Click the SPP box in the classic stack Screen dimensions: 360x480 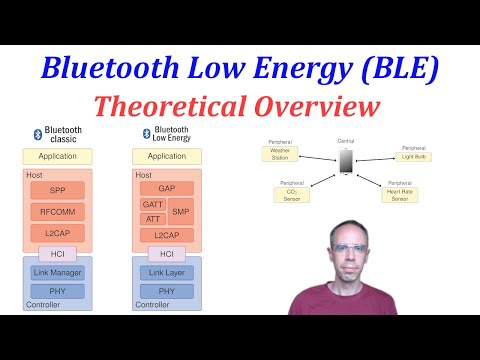click(x=57, y=189)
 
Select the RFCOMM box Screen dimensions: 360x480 click(x=57, y=212)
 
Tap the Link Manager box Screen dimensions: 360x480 click(x=57, y=272)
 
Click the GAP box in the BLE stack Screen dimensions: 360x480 click(x=167, y=188)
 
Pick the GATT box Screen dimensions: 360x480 click(x=152, y=204)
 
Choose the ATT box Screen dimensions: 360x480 click(x=152, y=218)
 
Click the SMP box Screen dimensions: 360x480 click(x=181, y=211)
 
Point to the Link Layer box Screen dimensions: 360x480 click(x=167, y=272)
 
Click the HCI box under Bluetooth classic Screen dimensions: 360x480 click(x=57, y=254)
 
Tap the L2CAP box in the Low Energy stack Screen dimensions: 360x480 click(x=167, y=235)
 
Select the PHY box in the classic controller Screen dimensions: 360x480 click(x=57, y=291)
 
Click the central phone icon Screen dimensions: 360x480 click(x=346, y=161)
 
